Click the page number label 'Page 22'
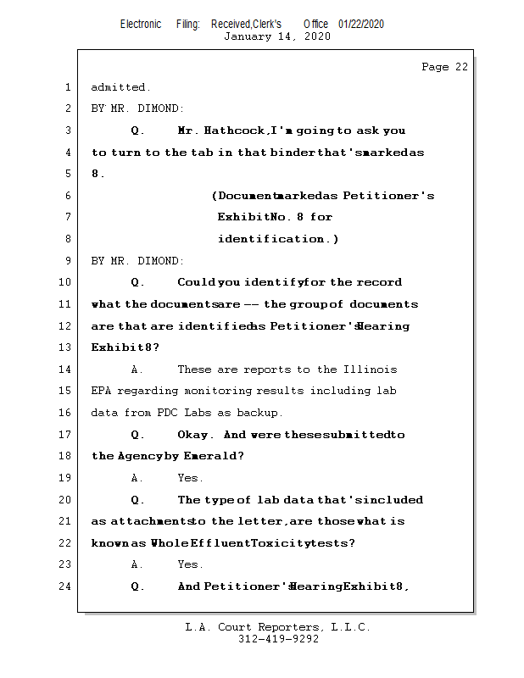[x=444, y=67]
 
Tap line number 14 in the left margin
[x=67, y=370]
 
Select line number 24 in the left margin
[x=67, y=586]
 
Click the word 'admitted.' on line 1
[x=120, y=87]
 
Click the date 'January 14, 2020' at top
[x=277, y=36]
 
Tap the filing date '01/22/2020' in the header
[x=360, y=24]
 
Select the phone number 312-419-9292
[x=277, y=639]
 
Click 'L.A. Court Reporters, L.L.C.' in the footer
[x=277, y=627]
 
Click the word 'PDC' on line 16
[x=166, y=413]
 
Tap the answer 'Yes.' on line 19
[x=190, y=478]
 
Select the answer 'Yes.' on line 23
[x=190, y=564]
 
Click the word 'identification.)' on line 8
[x=278, y=239]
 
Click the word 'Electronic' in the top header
[x=140, y=24]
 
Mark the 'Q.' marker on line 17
[x=137, y=435]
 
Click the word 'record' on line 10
[x=379, y=282]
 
